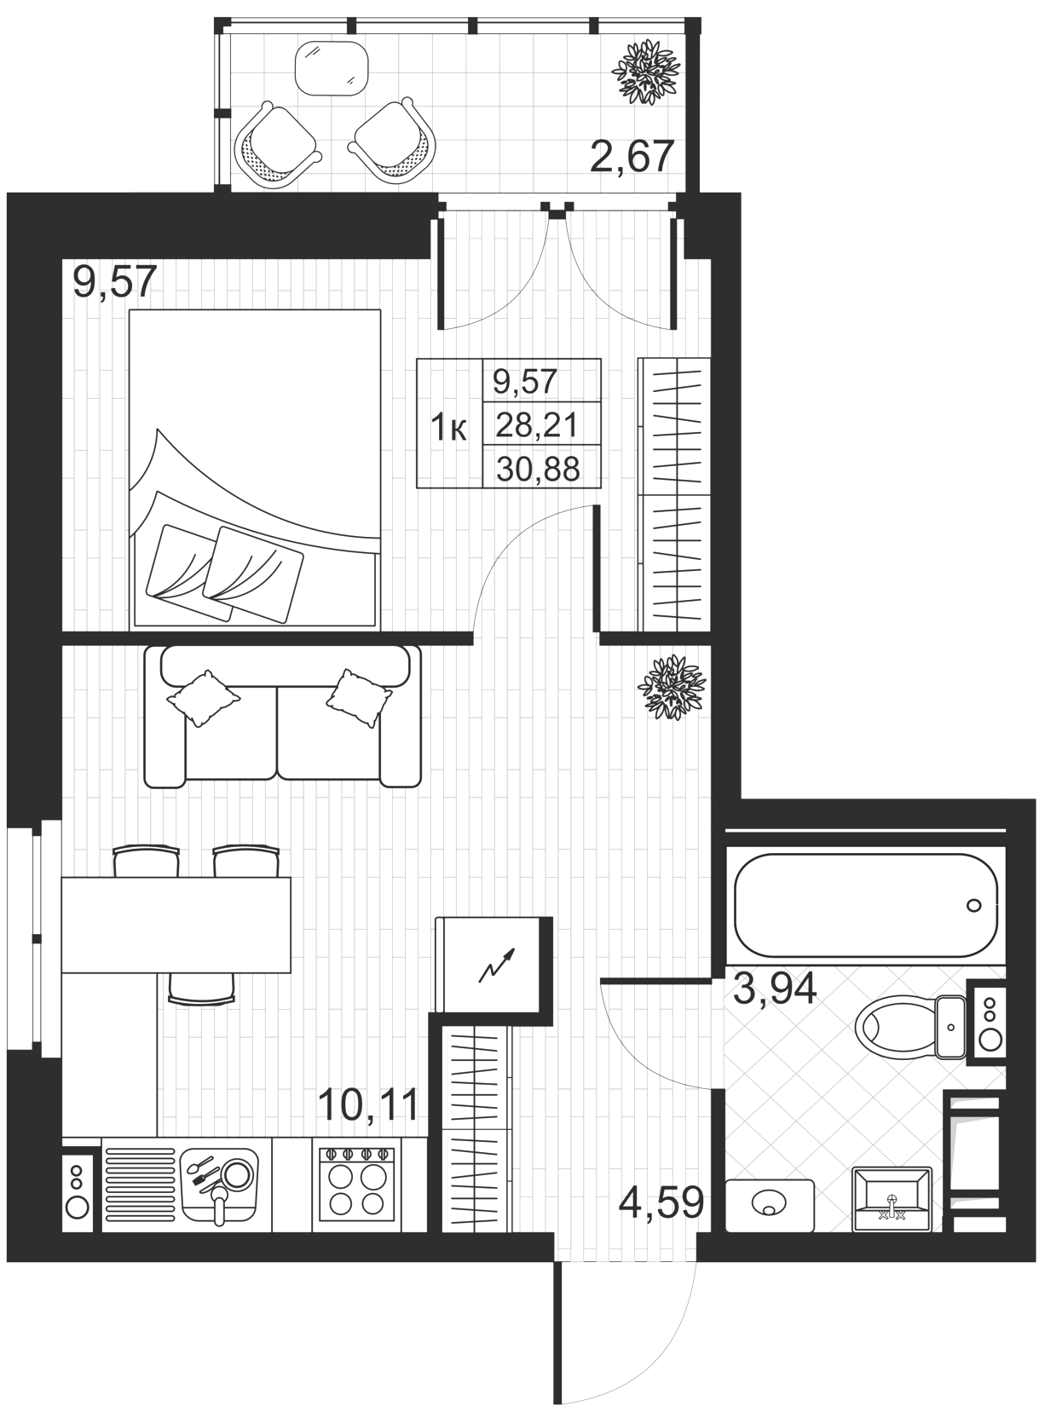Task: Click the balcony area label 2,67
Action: click(632, 157)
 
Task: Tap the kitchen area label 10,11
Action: click(368, 1105)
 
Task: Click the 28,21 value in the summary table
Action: click(536, 426)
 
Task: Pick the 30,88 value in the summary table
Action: click(538, 470)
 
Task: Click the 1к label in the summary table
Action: click(448, 428)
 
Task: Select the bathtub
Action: click(867, 905)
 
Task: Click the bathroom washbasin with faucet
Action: click(892, 1201)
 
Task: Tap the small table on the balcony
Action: click(332, 68)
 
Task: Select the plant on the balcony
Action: click(646, 72)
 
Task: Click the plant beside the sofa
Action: click(672, 688)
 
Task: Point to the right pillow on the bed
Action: click(252, 575)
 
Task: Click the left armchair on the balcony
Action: click(276, 145)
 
